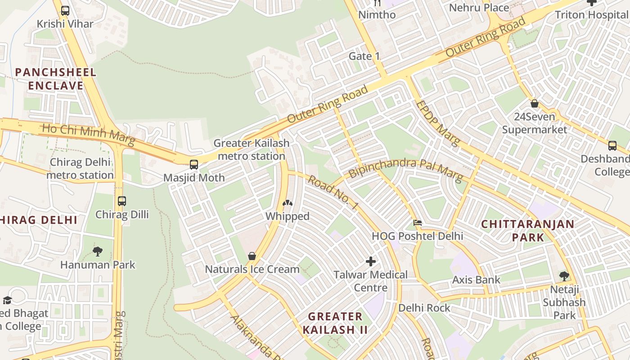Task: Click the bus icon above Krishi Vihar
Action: coord(65,10)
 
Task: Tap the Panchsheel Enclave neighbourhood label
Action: coord(56,79)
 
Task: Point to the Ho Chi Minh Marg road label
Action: coord(88,135)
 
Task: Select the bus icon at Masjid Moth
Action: coord(194,164)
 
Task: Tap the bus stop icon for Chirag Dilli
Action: coord(122,201)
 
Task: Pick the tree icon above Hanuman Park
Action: coord(98,251)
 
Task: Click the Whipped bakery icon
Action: coord(287,203)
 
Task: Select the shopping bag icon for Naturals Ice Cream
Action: coord(252,256)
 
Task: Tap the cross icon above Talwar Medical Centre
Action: coord(371,261)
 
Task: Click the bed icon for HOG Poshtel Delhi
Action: coord(418,222)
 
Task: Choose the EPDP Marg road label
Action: coord(437,123)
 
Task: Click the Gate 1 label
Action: coord(364,56)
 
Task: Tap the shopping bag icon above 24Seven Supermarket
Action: coord(535,103)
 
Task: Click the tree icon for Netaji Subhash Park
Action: coord(564,276)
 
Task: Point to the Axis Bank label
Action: coord(476,279)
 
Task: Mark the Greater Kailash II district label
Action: coord(335,323)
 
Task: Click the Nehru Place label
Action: coord(479,8)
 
